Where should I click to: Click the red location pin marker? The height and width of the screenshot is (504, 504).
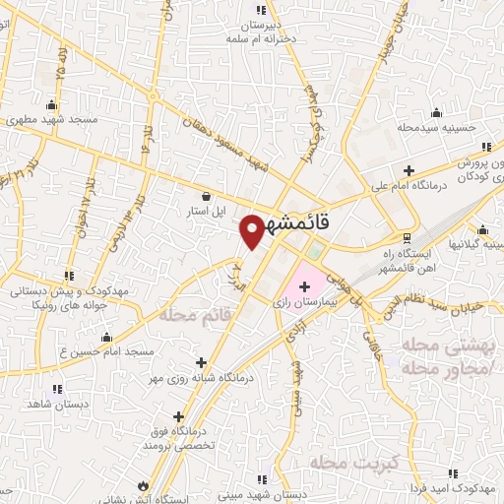click(x=252, y=230)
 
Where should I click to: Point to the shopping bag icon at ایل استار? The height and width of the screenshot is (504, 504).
click(x=207, y=195)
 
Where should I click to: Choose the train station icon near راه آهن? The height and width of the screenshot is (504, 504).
click(x=407, y=237)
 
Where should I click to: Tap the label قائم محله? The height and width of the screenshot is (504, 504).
click(x=183, y=316)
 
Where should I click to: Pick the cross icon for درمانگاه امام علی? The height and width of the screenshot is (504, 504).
click(x=409, y=168)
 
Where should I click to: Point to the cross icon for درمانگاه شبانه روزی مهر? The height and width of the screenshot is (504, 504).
click(x=202, y=361)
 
